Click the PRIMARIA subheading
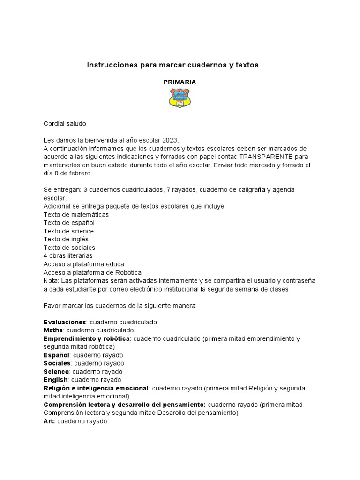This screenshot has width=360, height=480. tap(180, 82)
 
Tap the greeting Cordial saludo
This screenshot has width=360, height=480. tap(65, 123)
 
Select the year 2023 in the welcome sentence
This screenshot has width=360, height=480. tap(170, 140)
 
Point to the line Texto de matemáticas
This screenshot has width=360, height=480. tap(76, 214)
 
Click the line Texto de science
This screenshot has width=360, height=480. tap(68, 231)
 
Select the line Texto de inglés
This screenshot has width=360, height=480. tap(66, 239)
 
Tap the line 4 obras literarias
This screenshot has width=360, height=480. tap(68, 256)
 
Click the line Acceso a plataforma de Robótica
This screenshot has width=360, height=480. tap(92, 272)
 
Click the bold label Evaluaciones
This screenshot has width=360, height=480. tap(65, 322)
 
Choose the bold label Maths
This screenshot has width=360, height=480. tap(53, 330)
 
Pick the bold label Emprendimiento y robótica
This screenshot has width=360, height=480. tap(87, 338)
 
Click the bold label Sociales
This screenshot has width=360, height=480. tap(57, 363)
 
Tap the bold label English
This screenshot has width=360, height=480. tap(56, 380)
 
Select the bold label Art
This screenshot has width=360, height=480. tap(49, 421)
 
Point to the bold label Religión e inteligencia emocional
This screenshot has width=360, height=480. tap(96, 388)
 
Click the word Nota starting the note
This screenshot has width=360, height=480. tap(51, 281)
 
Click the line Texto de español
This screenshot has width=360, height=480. tap(69, 223)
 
